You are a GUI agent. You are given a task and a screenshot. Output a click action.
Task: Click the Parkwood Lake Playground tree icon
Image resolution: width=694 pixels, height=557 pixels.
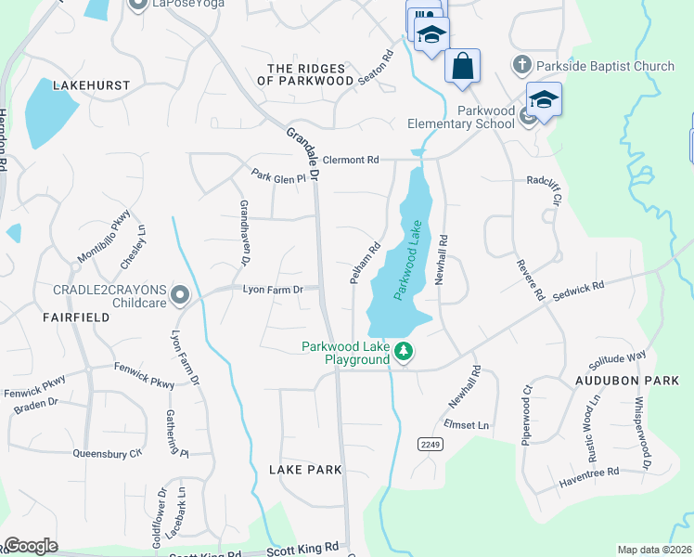(404, 352)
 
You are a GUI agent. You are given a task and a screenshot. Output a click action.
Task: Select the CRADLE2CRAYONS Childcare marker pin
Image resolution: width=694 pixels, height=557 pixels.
(181, 296)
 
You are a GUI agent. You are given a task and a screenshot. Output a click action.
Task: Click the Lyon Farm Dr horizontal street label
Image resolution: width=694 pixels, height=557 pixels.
(273, 290)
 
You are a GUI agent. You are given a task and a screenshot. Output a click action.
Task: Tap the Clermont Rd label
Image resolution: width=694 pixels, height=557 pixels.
(347, 160)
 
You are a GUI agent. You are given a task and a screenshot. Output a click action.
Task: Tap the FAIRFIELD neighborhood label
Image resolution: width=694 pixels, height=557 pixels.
(76, 317)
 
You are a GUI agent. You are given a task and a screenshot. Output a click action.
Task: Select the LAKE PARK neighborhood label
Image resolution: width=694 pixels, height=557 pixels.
(305, 470)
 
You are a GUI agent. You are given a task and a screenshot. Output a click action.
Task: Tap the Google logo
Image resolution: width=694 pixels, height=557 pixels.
(30, 546)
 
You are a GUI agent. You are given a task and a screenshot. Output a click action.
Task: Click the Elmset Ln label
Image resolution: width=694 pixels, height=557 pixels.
(467, 425)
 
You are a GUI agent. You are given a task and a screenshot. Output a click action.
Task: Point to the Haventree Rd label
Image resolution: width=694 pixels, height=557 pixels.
(589, 473)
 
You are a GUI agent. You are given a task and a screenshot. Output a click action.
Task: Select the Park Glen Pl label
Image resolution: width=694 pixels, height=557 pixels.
(278, 175)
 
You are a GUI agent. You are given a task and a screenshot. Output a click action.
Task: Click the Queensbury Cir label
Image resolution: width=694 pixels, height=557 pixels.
(107, 454)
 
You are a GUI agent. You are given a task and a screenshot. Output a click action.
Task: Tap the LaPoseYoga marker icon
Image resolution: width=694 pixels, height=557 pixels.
(138, 5)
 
